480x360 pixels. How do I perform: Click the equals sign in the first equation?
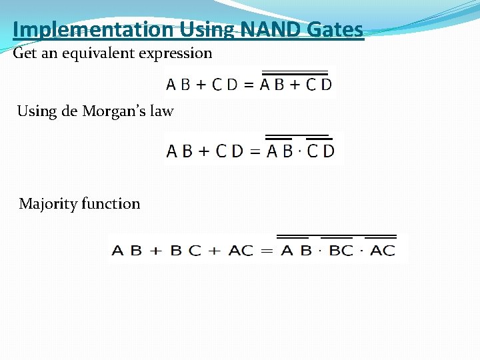coord(248,85)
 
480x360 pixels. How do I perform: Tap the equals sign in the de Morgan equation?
coord(255,151)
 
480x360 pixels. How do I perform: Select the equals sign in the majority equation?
coord(266,251)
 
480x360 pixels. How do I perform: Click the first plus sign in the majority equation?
coord(156,251)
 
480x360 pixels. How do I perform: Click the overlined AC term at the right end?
coord(382,251)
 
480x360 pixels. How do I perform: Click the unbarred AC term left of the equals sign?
coord(241,251)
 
